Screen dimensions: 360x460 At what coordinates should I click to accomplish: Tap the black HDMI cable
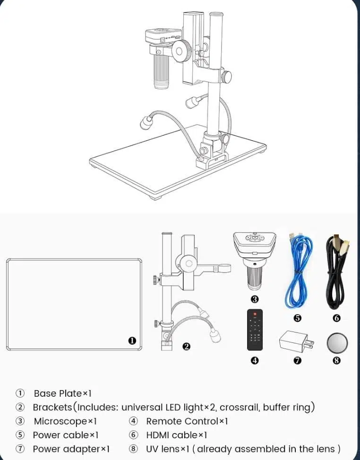coord(337,272)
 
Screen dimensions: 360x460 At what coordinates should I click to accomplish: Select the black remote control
coord(255,330)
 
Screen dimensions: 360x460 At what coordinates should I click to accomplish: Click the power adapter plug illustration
coord(296,342)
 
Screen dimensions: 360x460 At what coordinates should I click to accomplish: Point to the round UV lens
coord(337,343)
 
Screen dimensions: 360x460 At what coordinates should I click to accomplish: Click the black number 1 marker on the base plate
coord(132,341)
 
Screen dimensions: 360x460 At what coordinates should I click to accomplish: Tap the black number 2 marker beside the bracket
coord(186,347)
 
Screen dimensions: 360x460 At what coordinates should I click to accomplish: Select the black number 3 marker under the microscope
coord(255,299)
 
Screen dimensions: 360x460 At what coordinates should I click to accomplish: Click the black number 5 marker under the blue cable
coord(298,318)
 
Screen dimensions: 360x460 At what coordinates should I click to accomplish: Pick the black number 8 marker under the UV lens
coord(337,360)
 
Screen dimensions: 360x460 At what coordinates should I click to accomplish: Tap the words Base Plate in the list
coord(58,393)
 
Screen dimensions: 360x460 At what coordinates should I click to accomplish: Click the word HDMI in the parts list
coord(157,435)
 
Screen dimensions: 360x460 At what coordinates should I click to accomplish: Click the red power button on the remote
coord(255,314)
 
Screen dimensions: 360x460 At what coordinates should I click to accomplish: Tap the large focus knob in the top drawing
coord(181,51)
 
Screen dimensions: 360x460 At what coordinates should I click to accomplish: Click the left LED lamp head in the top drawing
coord(146,123)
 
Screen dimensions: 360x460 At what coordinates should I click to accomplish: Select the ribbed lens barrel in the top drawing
coord(161,72)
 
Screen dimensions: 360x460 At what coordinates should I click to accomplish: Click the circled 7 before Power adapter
coord(20,449)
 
